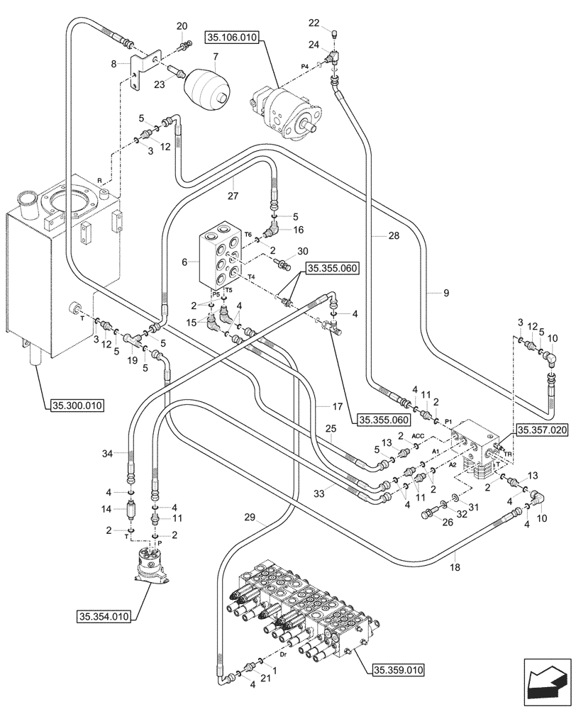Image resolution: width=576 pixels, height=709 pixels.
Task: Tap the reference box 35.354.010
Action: (x=104, y=617)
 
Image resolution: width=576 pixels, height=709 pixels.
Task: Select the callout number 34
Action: (x=107, y=453)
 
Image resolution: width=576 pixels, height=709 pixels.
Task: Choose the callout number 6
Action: (x=185, y=262)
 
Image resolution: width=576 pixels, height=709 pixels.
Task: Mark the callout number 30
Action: (x=304, y=252)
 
